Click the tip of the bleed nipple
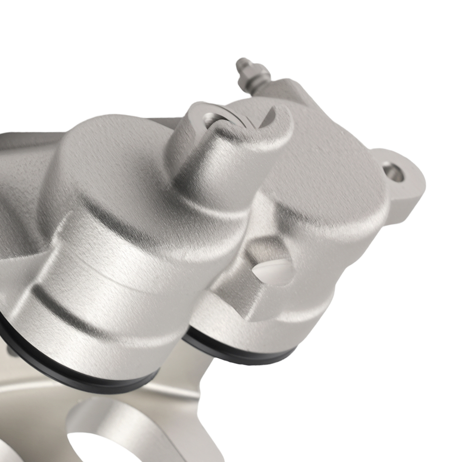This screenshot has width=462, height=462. [241, 62]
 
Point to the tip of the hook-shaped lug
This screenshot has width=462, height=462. [276, 111]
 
